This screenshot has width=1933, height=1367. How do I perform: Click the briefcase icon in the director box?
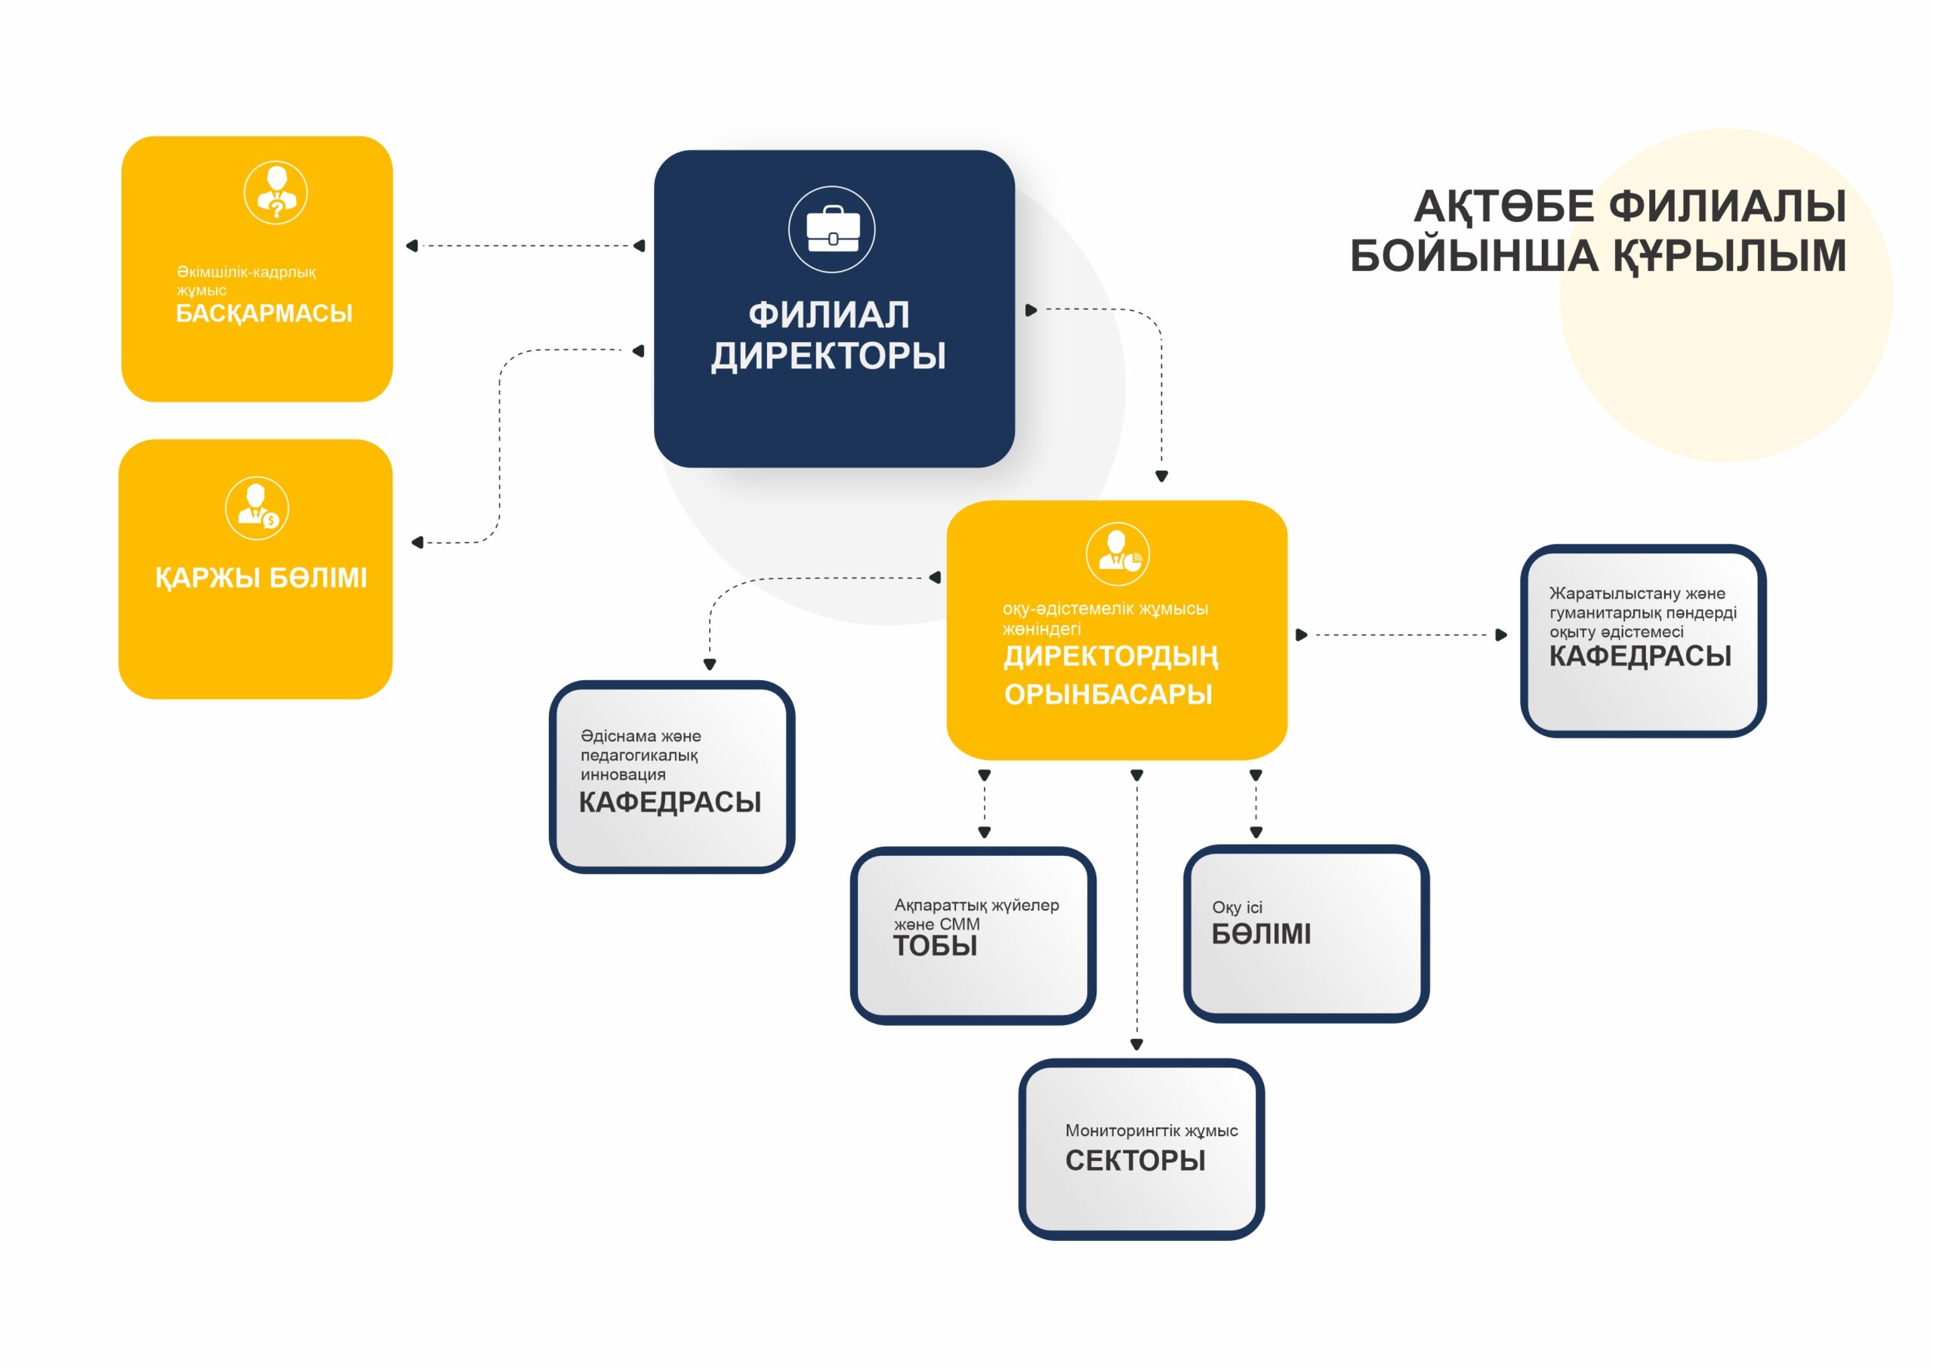tap(832, 229)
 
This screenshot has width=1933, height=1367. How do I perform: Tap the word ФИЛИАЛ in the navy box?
tap(829, 315)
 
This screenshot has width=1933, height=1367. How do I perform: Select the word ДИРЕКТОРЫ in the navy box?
tap(828, 356)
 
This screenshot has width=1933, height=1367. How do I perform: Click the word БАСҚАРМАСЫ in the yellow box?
tap(264, 313)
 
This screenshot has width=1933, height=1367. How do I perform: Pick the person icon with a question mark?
tap(276, 192)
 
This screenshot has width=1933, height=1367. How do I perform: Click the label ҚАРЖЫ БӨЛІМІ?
tap(261, 578)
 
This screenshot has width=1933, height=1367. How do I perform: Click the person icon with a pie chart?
tap(1118, 554)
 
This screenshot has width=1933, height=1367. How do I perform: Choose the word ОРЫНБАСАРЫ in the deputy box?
tap(1108, 694)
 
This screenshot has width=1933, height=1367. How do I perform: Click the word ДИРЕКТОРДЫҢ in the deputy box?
tap(1111, 657)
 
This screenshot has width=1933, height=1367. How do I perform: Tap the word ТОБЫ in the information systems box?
tap(935, 946)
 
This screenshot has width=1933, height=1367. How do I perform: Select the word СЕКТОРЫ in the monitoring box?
tap(1135, 1161)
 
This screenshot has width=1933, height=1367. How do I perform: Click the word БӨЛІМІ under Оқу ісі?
tap(1261, 934)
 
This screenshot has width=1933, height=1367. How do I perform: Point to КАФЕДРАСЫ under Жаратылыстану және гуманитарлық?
tap(1640, 657)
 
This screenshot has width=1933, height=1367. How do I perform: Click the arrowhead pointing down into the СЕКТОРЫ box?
tap(1136, 1045)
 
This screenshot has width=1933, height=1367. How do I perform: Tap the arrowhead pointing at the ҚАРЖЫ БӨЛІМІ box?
tap(417, 542)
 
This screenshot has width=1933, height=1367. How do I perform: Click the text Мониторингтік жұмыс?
tap(1151, 1131)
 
